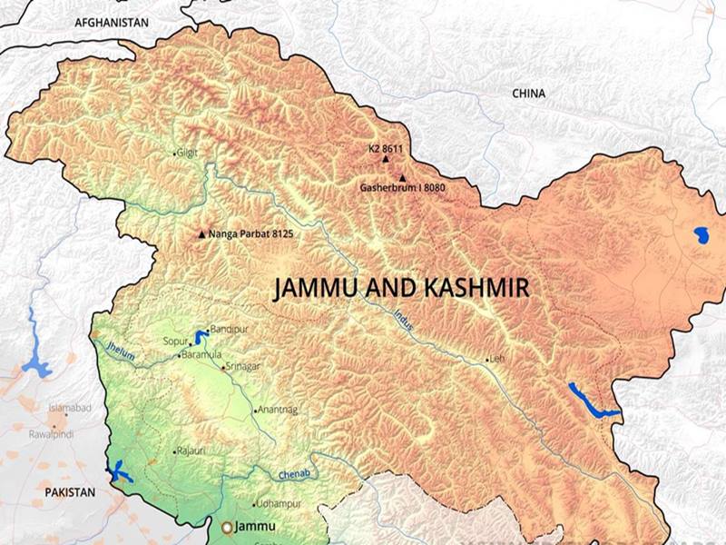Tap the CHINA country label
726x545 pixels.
(x=529, y=93)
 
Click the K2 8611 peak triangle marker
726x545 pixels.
(x=385, y=160)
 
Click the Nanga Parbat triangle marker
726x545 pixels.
(x=201, y=234)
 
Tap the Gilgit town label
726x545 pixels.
(x=187, y=153)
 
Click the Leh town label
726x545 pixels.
(x=496, y=360)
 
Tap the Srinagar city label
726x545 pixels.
(x=242, y=365)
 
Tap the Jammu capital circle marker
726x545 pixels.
(x=227, y=527)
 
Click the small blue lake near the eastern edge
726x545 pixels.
(x=701, y=236)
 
